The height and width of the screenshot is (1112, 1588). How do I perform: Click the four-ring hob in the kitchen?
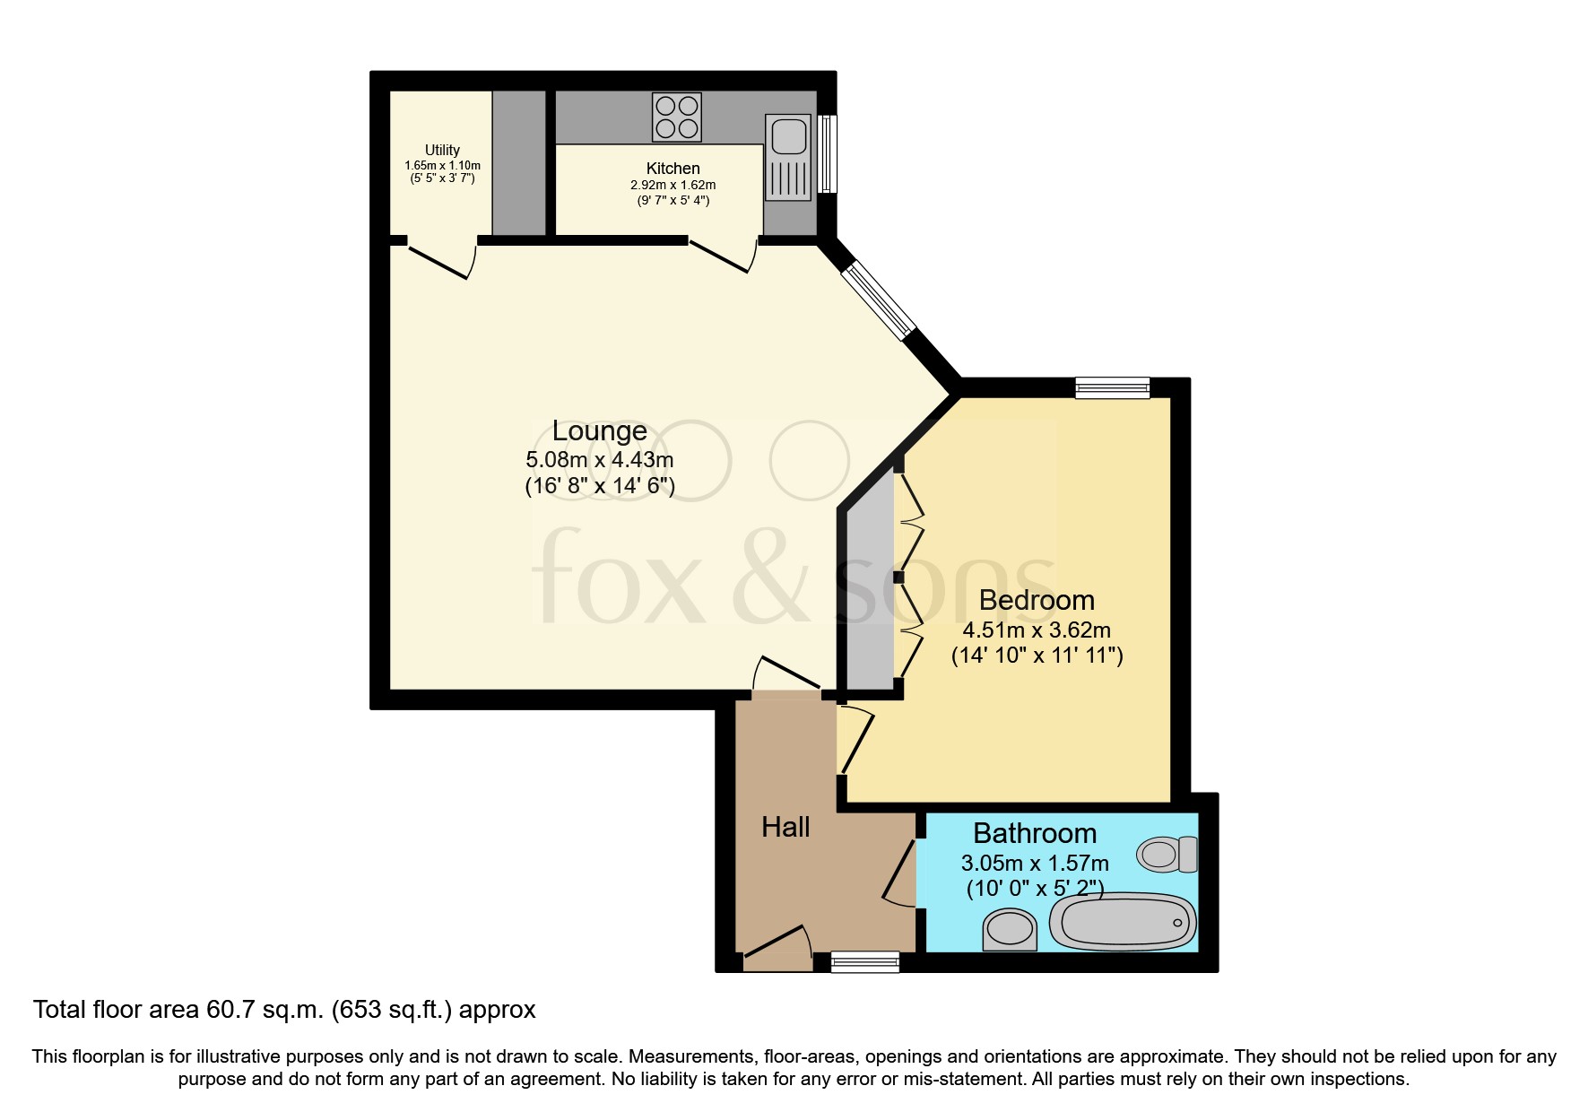coord(677,117)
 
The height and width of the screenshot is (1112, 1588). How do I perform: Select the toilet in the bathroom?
coord(1167,854)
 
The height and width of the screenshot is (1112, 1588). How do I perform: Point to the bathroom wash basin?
coord(1010,930)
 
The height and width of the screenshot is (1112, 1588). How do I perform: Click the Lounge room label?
coord(599,431)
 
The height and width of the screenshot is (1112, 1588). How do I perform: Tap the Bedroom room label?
coord(1037,600)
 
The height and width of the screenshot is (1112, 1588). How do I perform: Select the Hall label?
coord(785,827)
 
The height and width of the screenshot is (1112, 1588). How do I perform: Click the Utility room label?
coord(442,150)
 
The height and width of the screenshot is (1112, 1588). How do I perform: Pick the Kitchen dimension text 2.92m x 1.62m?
coord(673,185)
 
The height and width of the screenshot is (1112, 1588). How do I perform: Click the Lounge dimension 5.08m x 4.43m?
coord(599,460)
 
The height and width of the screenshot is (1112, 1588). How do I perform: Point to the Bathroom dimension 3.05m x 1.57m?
coord(1035,864)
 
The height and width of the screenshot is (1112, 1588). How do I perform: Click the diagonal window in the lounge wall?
coord(879,300)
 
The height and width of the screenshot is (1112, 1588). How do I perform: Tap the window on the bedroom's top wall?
coord(1112,387)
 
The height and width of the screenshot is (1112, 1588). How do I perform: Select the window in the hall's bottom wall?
coord(865,962)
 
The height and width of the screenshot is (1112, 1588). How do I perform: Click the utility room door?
coord(439,260)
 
